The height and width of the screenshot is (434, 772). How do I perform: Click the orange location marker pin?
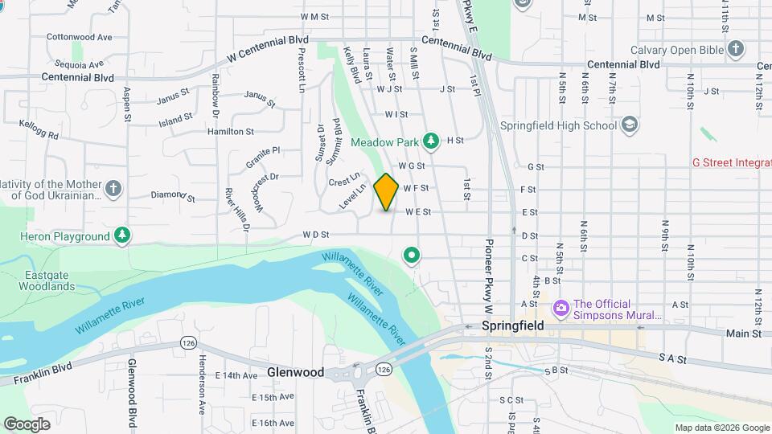(x=386, y=191)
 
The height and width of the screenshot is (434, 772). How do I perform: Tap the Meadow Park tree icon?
(x=432, y=141)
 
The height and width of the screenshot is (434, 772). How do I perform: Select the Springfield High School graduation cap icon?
(x=630, y=125)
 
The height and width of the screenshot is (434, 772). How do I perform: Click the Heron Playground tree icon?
(x=121, y=236)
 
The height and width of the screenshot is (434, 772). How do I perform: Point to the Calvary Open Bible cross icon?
(x=735, y=50)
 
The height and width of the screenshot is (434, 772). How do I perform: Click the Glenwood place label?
(x=296, y=372)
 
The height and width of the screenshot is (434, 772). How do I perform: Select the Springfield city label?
(x=512, y=326)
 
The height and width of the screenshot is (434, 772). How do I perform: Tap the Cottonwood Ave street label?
(x=79, y=37)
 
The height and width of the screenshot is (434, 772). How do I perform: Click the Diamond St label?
(x=173, y=195)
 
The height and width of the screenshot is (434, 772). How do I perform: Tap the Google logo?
(x=27, y=424)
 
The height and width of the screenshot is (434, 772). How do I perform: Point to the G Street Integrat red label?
(x=731, y=162)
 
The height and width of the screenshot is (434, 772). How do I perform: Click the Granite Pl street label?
(x=263, y=150)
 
